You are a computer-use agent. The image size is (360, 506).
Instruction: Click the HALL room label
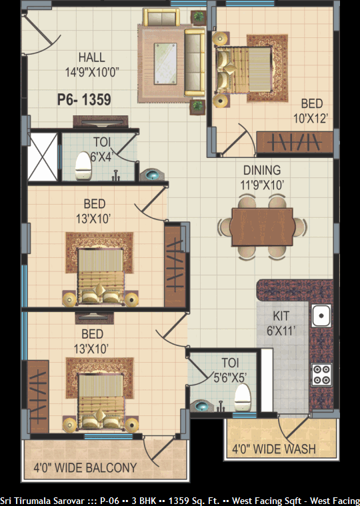pos(92,57)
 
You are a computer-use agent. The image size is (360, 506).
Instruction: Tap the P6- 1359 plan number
pos(84,99)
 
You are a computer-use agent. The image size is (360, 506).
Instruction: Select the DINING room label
pos(262,171)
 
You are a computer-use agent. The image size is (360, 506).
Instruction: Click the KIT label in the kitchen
pos(281,316)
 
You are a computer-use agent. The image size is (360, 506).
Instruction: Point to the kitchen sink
pos(321,315)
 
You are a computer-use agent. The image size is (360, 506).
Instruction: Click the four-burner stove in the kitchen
pos(321,375)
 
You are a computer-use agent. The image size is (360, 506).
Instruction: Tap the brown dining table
pos(262,227)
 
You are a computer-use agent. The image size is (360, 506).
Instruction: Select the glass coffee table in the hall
pos(165,64)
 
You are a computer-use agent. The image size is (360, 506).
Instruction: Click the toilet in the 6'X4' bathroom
pos(83,166)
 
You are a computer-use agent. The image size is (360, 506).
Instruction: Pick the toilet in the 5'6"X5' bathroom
pos(243,397)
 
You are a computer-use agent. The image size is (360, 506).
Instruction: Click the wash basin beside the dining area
pos(152,175)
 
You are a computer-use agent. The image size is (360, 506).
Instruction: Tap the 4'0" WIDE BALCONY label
pos(85,467)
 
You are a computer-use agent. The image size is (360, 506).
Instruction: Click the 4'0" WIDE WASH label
pos(274,449)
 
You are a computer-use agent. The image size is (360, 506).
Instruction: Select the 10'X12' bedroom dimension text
pos(311,119)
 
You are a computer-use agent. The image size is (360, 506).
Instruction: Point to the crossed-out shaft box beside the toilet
pos(43,157)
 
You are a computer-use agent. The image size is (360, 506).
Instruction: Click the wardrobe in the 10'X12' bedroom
pos(295,142)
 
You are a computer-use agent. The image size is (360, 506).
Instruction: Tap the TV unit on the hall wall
pos(101,121)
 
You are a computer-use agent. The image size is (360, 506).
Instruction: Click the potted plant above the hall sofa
pos(198,17)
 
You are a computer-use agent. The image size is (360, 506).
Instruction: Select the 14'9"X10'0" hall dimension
pos(92,72)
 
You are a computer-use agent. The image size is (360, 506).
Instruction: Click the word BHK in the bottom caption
pos(148,501)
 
